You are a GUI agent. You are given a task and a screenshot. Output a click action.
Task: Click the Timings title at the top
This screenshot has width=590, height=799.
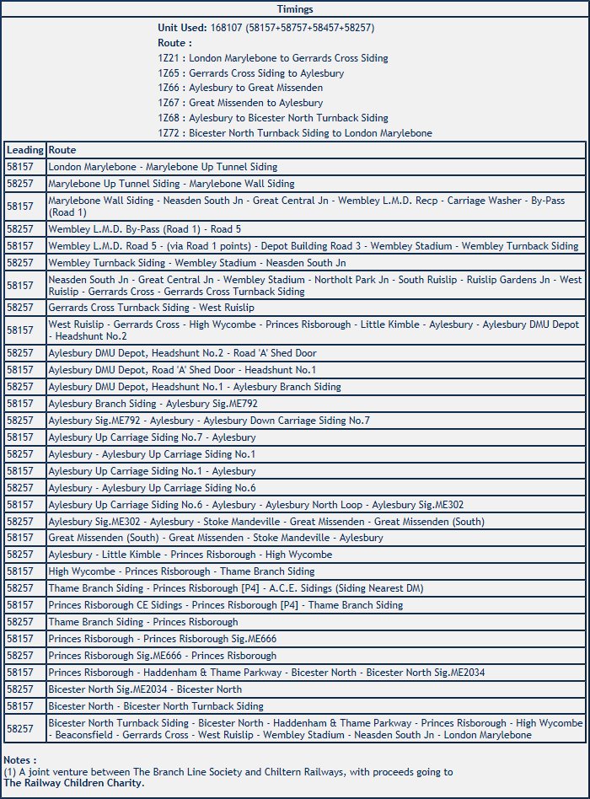[x=294, y=9]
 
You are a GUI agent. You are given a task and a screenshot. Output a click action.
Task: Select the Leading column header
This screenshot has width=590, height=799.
[x=24, y=150]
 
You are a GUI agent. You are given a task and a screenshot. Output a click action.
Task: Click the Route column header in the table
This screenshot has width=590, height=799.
[x=62, y=150]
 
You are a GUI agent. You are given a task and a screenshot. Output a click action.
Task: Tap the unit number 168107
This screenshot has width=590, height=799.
[x=227, y=28]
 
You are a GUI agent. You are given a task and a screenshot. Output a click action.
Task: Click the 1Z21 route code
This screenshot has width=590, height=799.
[x=170, y=58]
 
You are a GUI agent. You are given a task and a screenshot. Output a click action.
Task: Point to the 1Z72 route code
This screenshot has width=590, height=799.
[x=170, y=133]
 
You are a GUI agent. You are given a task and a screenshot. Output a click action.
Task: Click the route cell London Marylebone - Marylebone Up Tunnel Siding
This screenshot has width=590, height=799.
[x=163, y=167]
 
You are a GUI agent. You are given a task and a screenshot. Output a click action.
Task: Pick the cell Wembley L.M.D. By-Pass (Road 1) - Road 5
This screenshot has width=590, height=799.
[x=145, y=228]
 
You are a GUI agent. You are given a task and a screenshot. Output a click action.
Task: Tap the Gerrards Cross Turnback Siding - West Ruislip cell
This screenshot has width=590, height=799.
[x=151, y=308]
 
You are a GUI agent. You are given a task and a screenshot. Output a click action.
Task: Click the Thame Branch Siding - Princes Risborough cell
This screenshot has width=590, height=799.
[x=143, y=622]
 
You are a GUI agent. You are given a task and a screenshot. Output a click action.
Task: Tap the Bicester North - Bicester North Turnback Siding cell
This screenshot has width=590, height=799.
[x=156, y=706]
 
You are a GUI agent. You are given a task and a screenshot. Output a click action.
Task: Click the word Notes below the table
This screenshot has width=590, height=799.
[x=19, y=760]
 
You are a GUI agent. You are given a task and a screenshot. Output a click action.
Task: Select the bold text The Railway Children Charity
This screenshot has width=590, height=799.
[x=73, y=782]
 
